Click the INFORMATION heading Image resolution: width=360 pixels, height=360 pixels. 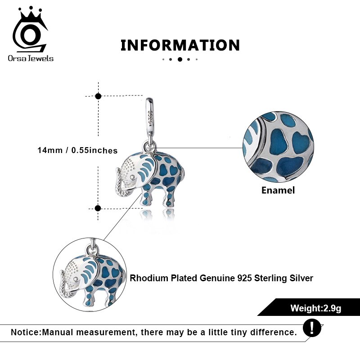pos(180,45)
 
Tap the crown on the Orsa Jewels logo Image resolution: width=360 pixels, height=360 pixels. pos(30,14)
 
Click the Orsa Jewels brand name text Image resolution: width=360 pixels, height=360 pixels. pos(31,58)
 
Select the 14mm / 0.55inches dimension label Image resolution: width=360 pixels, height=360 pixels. pos(77,150)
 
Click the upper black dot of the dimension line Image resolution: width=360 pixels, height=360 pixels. pos(98,96)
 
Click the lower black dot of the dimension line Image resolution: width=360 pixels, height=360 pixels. pos(98,208)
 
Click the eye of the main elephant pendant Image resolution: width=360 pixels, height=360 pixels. pos(133,177)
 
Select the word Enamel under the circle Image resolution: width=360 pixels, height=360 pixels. pos(278,190)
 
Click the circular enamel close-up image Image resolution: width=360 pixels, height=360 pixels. pos(278,147)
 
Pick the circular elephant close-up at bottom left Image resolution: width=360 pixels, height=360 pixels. pos(90,274)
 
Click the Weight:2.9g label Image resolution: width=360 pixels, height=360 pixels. pos(316,308)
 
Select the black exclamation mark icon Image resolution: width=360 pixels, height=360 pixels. pos(312,328)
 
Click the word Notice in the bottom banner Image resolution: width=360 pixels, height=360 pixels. pos(26,332)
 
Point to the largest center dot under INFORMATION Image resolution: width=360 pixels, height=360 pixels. pos(180,59)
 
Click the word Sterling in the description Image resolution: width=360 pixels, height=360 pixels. pos(270,278)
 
